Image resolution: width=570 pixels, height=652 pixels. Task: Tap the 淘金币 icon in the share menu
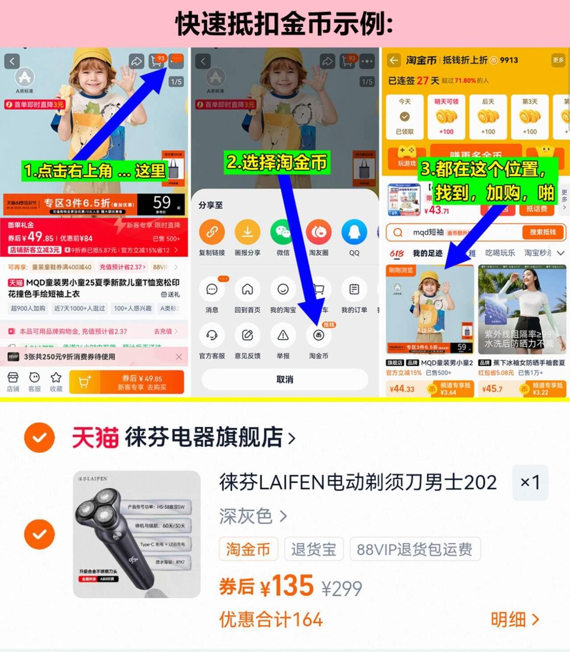[x=318, y=336]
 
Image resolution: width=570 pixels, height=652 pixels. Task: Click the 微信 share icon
[x=283, y=232]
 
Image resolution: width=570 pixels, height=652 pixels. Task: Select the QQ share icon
[x=354, y=232]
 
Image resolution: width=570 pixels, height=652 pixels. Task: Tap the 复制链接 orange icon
[x=212, y=232]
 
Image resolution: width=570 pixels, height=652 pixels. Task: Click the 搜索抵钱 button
[x=542, y=232]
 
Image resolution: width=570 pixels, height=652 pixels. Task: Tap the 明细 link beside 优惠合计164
[x=515, y=619]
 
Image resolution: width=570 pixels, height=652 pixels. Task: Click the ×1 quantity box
[x=530, y=482]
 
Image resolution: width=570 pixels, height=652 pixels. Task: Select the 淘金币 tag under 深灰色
[x=248, y=549]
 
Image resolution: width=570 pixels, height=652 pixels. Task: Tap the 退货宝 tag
[x=313, y=549]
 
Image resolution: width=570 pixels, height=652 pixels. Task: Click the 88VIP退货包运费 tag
[x=415, y=549]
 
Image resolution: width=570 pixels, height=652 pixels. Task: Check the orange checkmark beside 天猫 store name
[x=40, y=437]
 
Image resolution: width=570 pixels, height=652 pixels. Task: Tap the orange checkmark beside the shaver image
[x=40, y=534]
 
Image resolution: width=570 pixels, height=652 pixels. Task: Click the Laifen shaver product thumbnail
[x=137, y=534]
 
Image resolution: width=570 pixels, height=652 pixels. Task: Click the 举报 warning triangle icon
[x=283, y=336]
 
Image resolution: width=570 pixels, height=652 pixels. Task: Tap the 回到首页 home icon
[x=247, y=290]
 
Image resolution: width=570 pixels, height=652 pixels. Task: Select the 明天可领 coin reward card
[x=446, y=117]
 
